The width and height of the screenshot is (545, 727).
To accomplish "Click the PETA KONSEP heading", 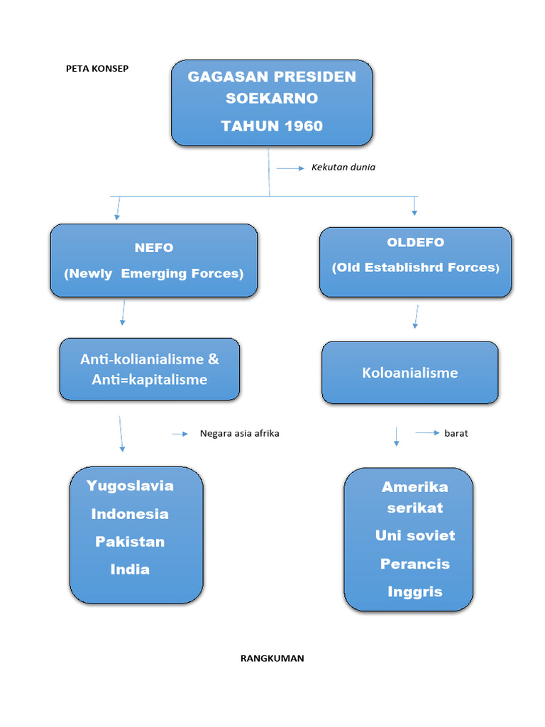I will coord(97,69).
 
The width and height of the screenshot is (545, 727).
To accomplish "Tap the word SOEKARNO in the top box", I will coord(272,98).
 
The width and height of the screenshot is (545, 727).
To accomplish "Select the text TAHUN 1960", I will coord(272,126).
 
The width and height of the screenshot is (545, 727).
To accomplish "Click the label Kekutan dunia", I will coord(343,168).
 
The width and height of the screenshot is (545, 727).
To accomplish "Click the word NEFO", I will coord(154,248).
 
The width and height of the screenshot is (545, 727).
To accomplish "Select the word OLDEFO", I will coord(415,242).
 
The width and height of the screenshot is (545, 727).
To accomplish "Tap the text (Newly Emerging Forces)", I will coord(154,273).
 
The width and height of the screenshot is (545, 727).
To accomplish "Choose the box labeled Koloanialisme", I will coord(410,373).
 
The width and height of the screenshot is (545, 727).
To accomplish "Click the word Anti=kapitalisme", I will coord(150,380).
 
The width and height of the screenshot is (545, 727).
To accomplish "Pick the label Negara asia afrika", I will coord(240,433).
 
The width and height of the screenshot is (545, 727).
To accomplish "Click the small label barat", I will coord(456,433).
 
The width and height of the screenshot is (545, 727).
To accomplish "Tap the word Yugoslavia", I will coord(130,486).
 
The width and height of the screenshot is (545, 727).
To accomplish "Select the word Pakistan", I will coord(130,542).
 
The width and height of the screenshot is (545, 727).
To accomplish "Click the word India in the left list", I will coord(130,569).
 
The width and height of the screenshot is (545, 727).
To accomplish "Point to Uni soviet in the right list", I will coord(415,535).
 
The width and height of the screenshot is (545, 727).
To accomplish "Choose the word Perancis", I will coord(415,564).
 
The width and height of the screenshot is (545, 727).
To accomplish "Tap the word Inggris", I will coord(415,591).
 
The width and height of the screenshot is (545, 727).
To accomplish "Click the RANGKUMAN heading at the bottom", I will coord(272,658).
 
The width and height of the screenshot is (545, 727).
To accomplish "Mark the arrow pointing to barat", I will coord(427,432).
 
